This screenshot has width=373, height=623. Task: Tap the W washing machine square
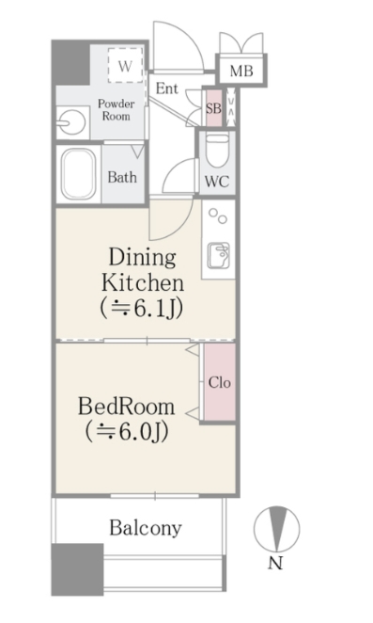pos(125,67)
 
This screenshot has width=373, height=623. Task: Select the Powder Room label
pos(116,109)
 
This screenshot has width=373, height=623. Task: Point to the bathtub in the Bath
pos(80,172)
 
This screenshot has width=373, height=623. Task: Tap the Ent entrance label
pos(168,89)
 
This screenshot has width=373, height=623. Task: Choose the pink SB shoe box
pos(213,107)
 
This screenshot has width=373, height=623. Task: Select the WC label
pos(215,182)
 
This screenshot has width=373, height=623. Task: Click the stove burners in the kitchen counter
pos(218,216)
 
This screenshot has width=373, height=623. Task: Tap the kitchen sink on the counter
pos(218,254)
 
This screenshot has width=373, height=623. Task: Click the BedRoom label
pos(127,407)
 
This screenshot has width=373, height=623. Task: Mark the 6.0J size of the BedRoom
pos(127,432)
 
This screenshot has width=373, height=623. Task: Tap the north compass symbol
pos(278,529)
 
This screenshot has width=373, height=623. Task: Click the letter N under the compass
pos(276,564)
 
